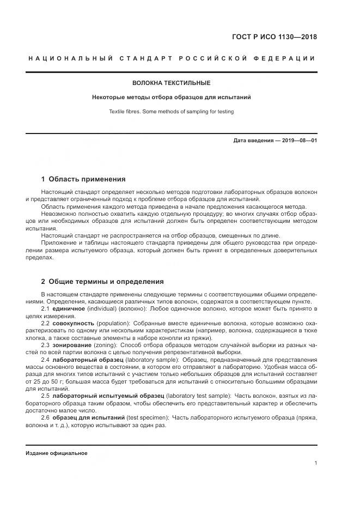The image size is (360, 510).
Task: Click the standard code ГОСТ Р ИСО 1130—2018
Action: coord(274,38)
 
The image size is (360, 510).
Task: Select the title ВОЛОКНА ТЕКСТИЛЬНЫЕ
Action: coord(171,83)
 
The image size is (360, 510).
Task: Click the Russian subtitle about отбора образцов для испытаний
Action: coord(171,98)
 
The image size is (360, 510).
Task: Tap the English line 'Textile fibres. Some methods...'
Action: coord(171,112)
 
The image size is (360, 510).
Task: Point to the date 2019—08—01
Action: coord(298,141)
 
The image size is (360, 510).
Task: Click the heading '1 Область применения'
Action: coord(83,179)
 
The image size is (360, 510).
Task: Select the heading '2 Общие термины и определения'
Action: coord(102,282)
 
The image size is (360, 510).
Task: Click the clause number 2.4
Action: coord(46,360)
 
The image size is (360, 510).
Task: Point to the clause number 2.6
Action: coord(46,417)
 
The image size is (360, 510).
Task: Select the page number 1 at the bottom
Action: coord(315,463)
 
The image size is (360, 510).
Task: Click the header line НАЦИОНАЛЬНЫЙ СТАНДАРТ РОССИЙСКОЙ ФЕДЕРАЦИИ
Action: coord(171,58)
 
